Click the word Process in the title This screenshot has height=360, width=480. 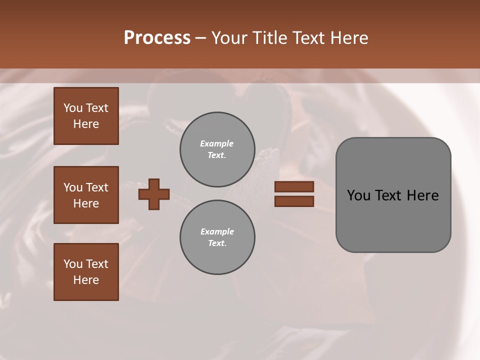click(x=157, y=38)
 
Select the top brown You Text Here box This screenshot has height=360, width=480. click(x=86, y=116)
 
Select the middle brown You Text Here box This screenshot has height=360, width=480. click(x=86, y=195)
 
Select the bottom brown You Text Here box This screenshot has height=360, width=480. click(x=86, y=271)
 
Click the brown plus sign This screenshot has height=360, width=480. click(x=154, y=194)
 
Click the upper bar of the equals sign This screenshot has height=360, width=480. click(x=294, y=186)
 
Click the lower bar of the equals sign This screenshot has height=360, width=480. click(x=294, y=201)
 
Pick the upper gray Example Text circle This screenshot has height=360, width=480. click(x=217, y=149)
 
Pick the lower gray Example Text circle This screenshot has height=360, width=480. click(x=217, y=237)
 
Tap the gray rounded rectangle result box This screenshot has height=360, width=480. click(x=393, y=220)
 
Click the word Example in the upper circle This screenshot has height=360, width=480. click(x=216, y=143)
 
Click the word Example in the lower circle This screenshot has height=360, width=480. click(x=217, y=231)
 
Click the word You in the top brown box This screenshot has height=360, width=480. click(x=73, y=108)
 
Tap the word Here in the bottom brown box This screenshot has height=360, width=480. click(x=86, y=280)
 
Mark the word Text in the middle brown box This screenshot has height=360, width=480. click(x=97, y=187)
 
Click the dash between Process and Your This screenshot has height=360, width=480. click(x=201, y=38)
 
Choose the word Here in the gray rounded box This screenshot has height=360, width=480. click(x=423, y=195)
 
